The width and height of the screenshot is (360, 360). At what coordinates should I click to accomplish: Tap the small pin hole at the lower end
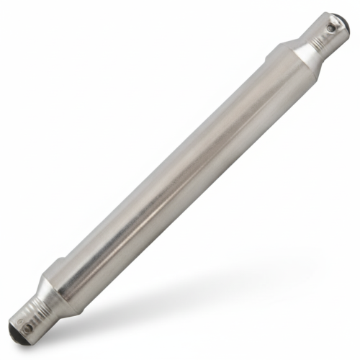[27, 328]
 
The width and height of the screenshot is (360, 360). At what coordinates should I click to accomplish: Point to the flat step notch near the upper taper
[277, 50]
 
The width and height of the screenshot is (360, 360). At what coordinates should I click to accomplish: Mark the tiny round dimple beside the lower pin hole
[22, 322]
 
